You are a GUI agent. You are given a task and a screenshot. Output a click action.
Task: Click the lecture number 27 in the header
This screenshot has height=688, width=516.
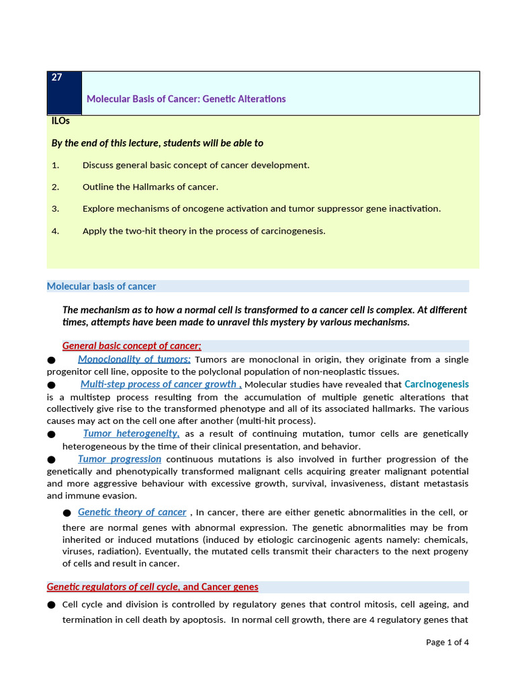pyautogui.click(x=56, y=77)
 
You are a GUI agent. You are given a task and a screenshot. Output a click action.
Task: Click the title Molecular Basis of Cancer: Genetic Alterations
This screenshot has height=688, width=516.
pyautogui.click(x=186, y=99)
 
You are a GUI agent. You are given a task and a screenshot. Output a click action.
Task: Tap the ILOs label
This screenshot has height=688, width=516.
pyautogui.click(x=60, y=121)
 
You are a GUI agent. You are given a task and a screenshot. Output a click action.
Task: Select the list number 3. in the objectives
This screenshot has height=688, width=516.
pyautogui.click(x=56, y=208)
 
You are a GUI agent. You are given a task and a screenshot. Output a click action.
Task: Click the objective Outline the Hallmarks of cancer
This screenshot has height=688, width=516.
pyautogui.click(x=150, y=187)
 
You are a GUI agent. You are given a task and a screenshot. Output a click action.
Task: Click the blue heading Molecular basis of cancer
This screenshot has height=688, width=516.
pyautogui.click(x=101, y=286)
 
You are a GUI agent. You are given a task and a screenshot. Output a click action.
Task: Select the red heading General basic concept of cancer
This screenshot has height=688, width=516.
pyautogui.click(x=132, y=346)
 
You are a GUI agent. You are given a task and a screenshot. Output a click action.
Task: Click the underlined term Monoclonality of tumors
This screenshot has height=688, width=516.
pyautogui.click(x=134, y=359)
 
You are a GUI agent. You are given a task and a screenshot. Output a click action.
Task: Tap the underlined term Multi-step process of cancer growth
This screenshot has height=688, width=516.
pyautogui.click(x=159, y=384)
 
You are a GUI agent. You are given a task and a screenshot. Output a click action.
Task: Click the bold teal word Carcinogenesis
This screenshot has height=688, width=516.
pyautogui.click(x=436, y=384)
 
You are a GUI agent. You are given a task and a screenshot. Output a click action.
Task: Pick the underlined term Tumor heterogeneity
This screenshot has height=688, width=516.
pyautogui.click(x=131, y=434)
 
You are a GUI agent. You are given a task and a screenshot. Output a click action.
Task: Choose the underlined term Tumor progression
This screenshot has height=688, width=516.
pyautogui.click(x=120, y=459)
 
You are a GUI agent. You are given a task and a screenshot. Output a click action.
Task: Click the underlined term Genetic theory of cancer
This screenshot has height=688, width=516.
pyautogui.click(x=132, y=512)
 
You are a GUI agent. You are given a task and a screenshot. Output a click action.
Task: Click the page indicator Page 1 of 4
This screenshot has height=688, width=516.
pyautogui.click(x=447, y=642)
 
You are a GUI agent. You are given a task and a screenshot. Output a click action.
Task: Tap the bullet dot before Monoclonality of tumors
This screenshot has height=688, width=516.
pyautogui.click(x=51, y=360)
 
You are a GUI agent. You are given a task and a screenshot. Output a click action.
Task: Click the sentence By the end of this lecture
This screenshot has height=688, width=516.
pyautogui.click(x=157, y=142)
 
